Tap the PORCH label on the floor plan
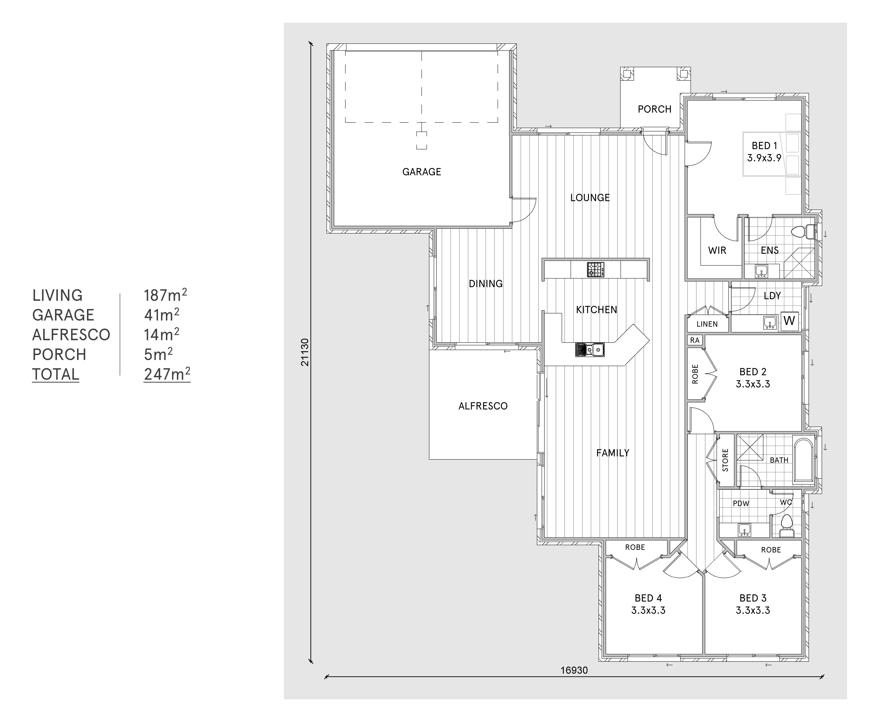coord(654,109)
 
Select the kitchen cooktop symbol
coord(595,270)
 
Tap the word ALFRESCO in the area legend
coord(71,335)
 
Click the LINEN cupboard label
coord(707,324)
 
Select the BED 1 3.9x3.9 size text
coord(764,158)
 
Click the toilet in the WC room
coord(786,525)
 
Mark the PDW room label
coord(741,503)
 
